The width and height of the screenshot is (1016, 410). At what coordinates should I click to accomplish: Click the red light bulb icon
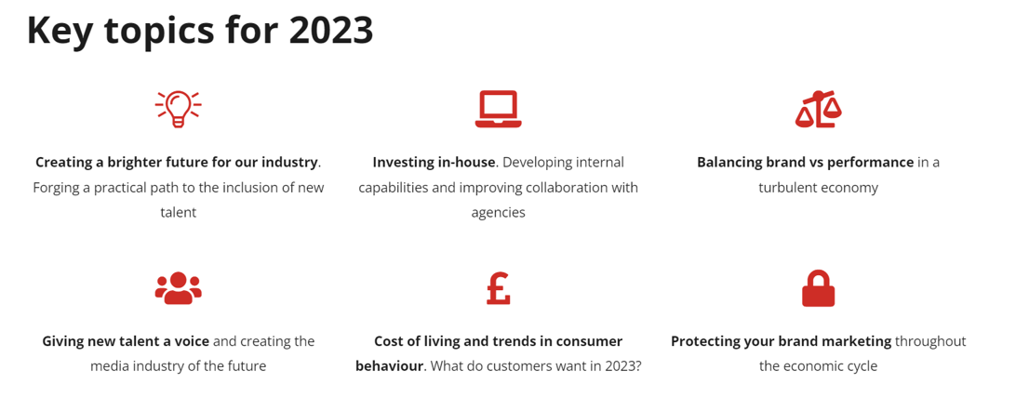[x=178, y=109]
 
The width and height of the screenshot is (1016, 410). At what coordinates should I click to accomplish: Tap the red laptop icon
[x=499, y=109]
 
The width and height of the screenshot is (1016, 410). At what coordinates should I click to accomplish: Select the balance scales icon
[x=819, y=109]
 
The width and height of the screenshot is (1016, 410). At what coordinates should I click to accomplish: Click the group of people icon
[x=179, y=288]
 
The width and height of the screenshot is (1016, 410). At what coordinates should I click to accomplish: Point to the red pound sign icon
[x=499, y=288]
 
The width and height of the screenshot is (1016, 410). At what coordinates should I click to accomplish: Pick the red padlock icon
[x=819, y=288]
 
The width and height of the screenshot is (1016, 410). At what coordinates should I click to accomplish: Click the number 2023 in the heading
[x=331, y=30]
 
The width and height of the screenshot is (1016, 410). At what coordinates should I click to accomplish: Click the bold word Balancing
[x=728, y=163]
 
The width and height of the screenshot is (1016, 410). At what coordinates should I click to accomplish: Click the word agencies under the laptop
[x=499, y=213]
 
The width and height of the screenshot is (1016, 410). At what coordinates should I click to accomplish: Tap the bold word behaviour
[x=390, y=366]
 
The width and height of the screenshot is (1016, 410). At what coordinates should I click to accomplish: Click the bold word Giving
[x=61, y=341]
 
